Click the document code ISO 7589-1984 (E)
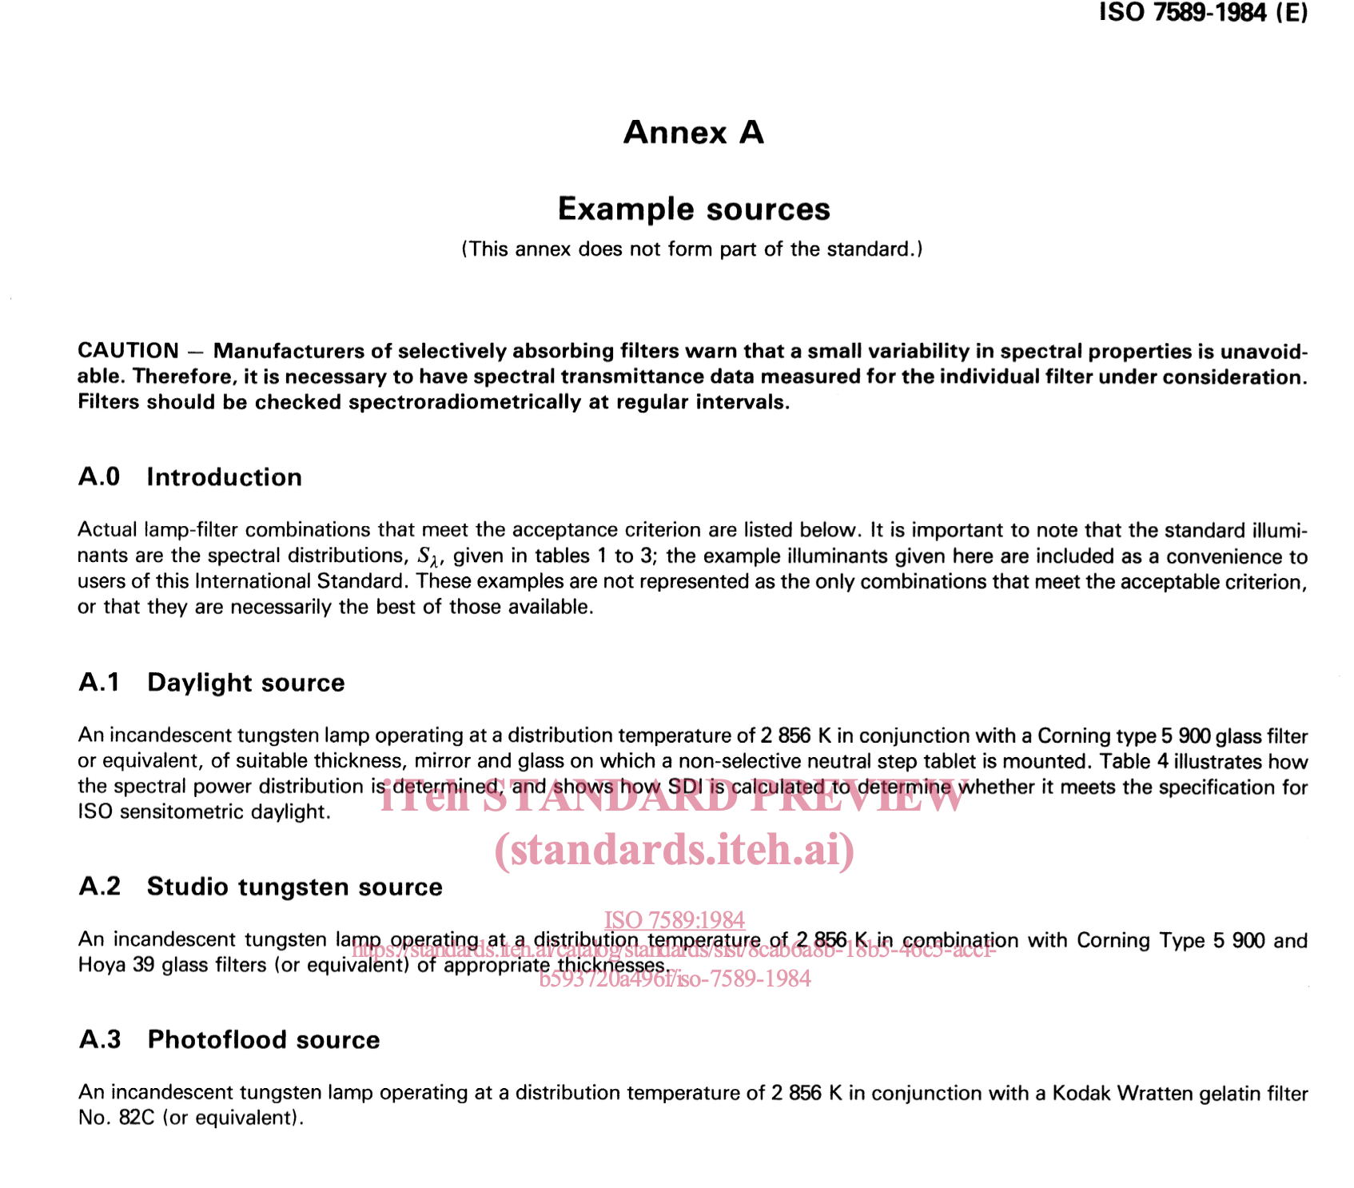pos(1203,13)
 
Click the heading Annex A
pos(693,133)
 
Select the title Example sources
pos(693,209)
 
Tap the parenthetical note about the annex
pos(692,249)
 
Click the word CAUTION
pos(128,351)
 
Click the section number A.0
pos(99,477)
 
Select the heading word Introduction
pos(224,477)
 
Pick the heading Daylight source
pos(246,683)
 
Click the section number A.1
pos(99,683)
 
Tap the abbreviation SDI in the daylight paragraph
pos(684,787)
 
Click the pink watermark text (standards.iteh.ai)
pos(675,850)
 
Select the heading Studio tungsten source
pos(294,887)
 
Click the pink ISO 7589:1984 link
pos(675,920)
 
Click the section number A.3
pos(100,1040)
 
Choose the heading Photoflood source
pos(264,1040)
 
